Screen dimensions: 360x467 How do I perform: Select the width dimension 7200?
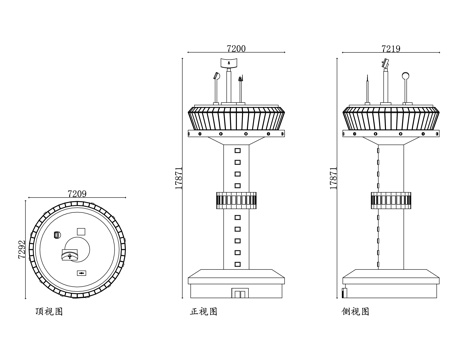(237, 48)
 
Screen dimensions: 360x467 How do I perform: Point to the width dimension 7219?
(392, 48)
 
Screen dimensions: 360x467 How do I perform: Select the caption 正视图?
(203, 313)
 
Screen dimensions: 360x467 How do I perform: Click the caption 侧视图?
(357, 313)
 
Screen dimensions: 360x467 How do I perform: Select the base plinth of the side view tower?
(390, 281)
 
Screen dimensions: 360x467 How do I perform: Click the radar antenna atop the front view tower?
(230, 64)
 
